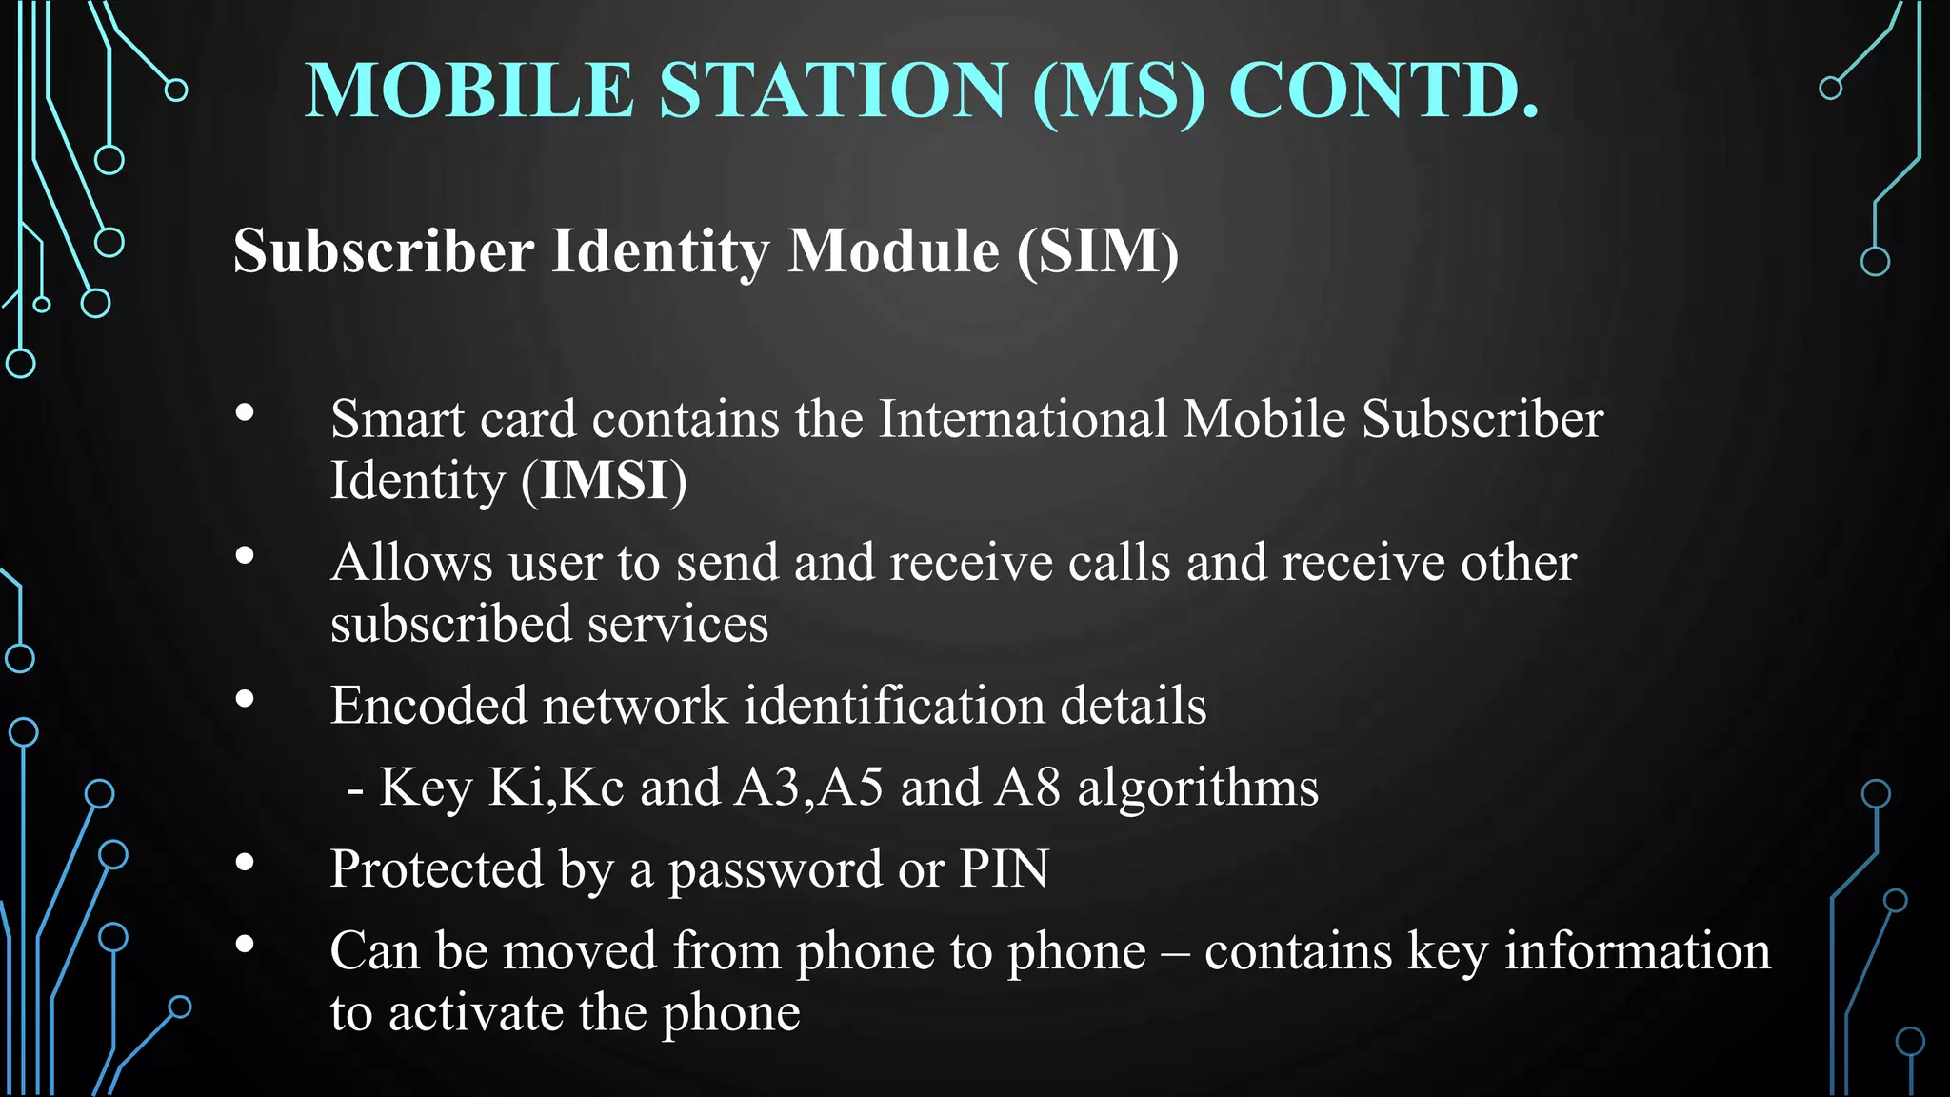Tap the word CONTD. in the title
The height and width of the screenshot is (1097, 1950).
click(x=1383, y=90)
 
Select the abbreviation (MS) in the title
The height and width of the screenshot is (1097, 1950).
click(x=1118, y=92)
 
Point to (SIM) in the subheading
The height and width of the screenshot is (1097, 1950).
click(x=1098, y=252)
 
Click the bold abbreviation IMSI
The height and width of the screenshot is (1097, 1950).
click(x=604, y=480)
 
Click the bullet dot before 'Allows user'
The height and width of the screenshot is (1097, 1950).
click(x=245, y=555)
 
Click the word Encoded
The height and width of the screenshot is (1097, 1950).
click(x=428, y=706)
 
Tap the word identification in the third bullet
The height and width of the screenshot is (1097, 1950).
click(x=894, y=706)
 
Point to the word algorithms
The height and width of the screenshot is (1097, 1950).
click(x=1198, y=788)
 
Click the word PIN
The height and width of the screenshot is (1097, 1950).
click(x=1004, y=868)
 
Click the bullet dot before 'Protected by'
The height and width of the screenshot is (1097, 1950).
click(x=245, y=863)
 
